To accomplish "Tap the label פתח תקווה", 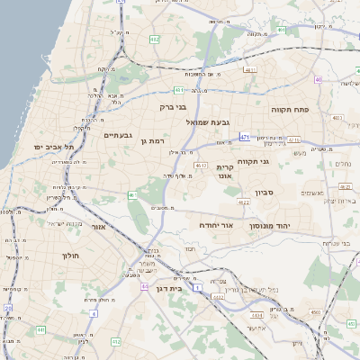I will [x=289, y=107].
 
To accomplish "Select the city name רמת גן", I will [x=156, y=141].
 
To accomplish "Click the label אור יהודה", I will [x=215, y=225].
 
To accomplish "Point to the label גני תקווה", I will [x=264, y=161].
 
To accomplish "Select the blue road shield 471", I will [x=245, y=137].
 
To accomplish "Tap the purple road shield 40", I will [x=319, y=79].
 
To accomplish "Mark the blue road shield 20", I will [x=7, y=308].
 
